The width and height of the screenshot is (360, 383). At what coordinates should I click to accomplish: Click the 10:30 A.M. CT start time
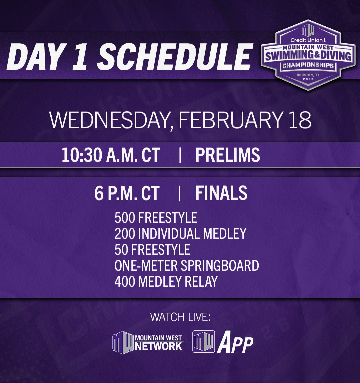click(x=110, y=155)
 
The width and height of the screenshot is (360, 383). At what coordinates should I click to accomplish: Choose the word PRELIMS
click(x=228, y=155)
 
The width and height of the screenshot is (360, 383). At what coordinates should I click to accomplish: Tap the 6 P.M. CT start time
click(x=127, y=193)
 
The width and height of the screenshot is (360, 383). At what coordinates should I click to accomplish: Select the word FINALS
click(x=221, y=193)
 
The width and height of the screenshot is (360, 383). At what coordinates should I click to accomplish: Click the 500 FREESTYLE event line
click(x=156, y=218)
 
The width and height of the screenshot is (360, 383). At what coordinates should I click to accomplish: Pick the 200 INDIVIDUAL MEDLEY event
click(x=180, y=234)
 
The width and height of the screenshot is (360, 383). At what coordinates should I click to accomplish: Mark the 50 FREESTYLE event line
click(x=152, y=250)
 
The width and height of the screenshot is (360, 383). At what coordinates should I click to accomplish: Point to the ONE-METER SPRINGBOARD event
click(x=187, y=266)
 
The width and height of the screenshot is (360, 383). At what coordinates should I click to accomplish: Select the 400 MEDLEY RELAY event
click(x=166, y=282)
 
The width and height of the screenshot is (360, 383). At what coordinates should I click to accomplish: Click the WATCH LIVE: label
click(x=180, y=317)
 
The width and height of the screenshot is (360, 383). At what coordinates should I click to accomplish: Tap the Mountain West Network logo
click(x=147, y=342)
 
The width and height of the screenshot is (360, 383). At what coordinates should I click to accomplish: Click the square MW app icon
click(x=204, y=341)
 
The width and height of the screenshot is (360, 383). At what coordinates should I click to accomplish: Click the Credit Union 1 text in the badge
click(x=308, y=40)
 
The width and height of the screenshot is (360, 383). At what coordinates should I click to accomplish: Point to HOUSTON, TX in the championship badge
click(x=308, y=75)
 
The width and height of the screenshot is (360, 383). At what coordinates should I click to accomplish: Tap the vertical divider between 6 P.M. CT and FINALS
click(x=180, y=193)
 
